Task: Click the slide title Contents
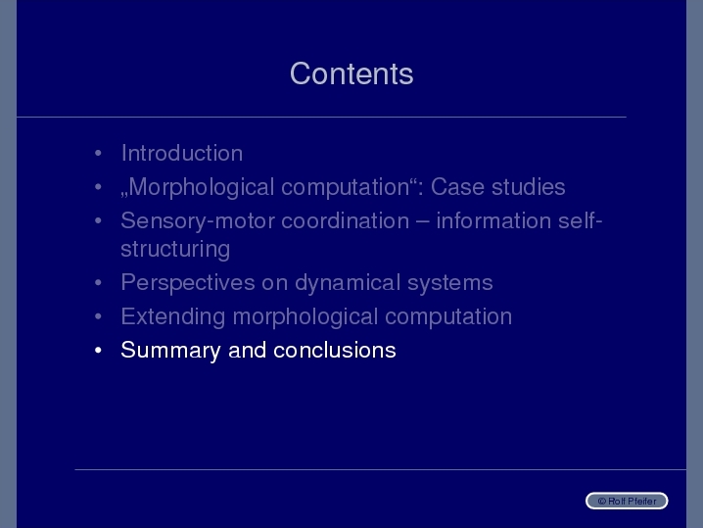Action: tap(351, 73)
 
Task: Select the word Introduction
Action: tap(182, 154)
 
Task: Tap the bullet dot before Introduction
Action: tap(98, 154)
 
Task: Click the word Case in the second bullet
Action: tap(457, 187)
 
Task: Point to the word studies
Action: tap(528, 187)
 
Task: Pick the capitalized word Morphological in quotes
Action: tap(202, 187)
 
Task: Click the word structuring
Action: tap(175, 250)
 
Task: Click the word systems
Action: tap(450, 283)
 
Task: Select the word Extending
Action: tap(173, 317)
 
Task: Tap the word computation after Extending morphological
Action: tap(448, 317)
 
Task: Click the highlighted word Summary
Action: tap(170, 351)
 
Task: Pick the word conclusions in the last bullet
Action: tap(335, 350)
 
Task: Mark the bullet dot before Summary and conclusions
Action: tap(98, 350)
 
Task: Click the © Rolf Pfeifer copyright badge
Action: tap(627, 501)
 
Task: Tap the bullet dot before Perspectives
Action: tap(98, 283)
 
